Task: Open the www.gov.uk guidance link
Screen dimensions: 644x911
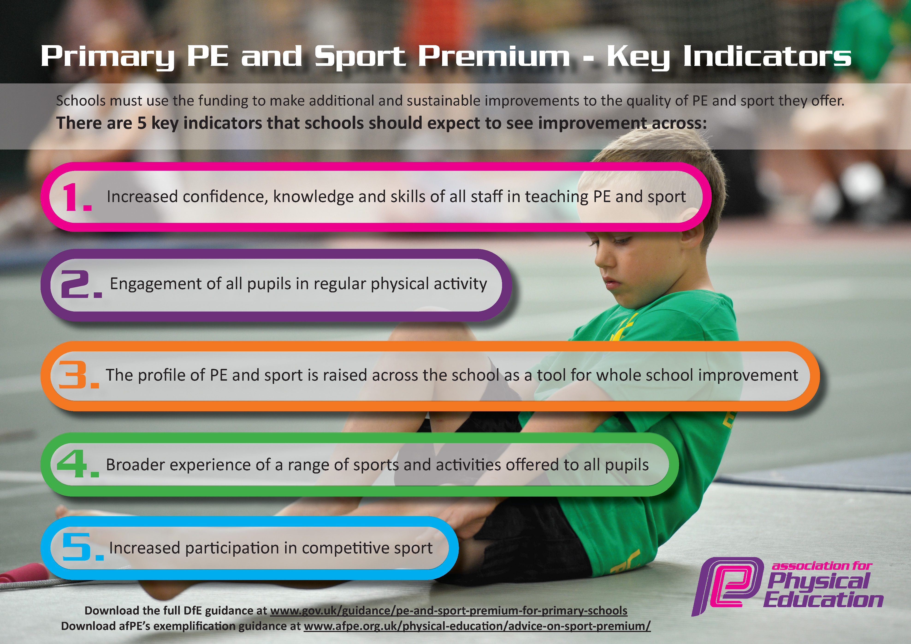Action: pos(448,610)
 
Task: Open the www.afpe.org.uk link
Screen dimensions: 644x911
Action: pos(477,626)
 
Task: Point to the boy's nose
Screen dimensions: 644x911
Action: pos(600,260)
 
